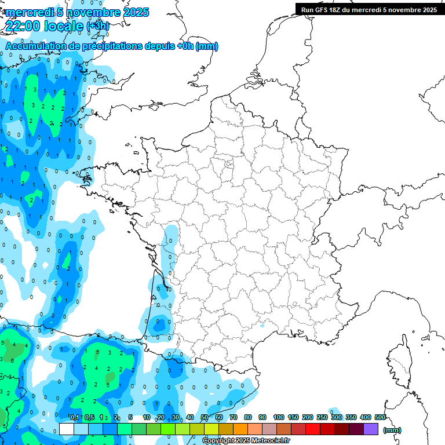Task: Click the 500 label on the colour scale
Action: (380, 417)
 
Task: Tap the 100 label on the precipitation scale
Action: (278, 417)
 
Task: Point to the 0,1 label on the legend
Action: (75, 417)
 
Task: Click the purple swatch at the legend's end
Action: (371, 429)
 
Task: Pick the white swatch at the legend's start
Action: (67, 429)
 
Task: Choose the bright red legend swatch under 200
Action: (313, 429)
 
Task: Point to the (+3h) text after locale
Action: (97, 26)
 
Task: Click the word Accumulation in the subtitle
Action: (35, 46)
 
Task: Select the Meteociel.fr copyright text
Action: (246, 441)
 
